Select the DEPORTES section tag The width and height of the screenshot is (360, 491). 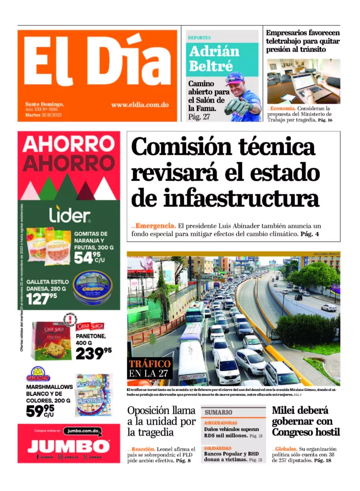199,37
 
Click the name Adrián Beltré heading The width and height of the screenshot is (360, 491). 214,58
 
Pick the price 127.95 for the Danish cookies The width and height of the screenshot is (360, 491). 42,299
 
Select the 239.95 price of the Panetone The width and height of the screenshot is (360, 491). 93,353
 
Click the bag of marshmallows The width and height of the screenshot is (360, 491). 93,395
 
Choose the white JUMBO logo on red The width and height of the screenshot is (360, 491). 68,446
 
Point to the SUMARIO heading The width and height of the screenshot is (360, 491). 219,412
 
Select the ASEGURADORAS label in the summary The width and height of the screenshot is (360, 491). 221,423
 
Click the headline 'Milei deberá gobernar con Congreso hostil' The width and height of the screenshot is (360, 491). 305,421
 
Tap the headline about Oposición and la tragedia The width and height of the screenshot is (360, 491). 162,421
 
